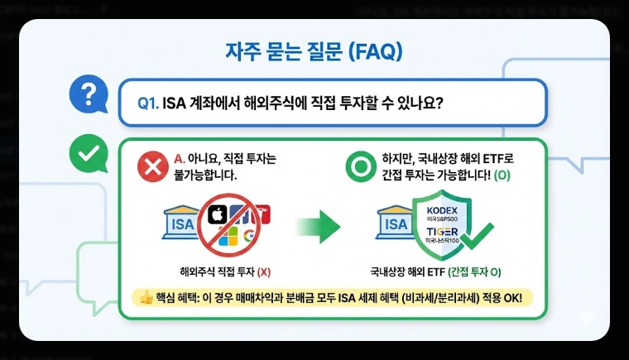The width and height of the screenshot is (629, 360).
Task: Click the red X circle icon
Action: pos(152,167)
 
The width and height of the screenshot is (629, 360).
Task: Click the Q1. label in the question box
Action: pos(148,103)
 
